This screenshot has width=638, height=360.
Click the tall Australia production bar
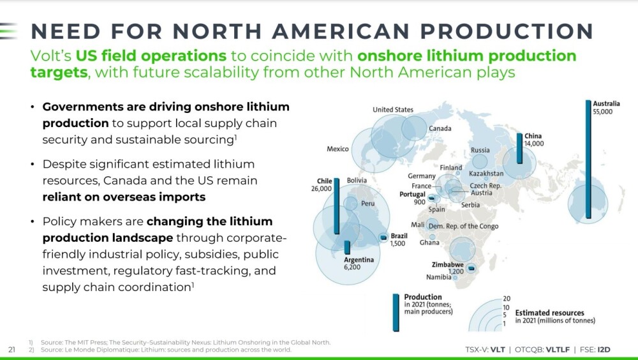(x=588, y=159)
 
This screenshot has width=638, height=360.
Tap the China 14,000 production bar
(x=519, y=148)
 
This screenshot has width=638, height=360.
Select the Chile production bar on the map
(x=336, y=206)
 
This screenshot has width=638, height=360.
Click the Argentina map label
(x=359, y=260)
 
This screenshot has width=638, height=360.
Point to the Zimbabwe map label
(x=448, y=265)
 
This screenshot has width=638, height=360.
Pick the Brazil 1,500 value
(x=397, y=244)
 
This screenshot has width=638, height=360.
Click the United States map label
(x=392, y=110)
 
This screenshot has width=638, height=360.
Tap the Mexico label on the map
(x=338, y=149)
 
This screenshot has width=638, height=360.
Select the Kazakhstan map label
(x=486, y=174)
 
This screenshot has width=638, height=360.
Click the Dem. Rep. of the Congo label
(x=463, y=227)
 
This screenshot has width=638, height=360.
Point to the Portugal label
(x=412, y=194)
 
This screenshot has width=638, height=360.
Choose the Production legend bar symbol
(x=396, y=312)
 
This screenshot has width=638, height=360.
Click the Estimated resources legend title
(x=549, y=313)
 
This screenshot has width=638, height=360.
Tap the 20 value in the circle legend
(x=506, y=299)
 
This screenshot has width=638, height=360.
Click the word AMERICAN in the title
(x=341, y=31)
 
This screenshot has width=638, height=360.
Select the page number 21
(x=11, y=349)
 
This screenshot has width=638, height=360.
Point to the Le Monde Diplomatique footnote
(x=160, y=349)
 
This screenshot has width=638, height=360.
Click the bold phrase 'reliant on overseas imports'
(x=124, y=197)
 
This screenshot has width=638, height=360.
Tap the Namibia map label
(x=439, y=277)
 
